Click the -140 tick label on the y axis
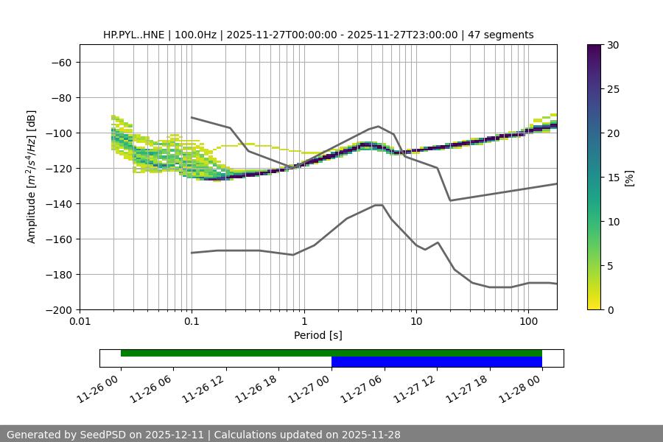point(60,204)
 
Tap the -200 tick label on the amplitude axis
point(60,310)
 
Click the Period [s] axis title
point(318,335)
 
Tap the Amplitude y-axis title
point(32,177)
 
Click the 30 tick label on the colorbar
point(613,46)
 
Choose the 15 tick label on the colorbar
point(613,178)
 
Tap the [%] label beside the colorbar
point(628,178)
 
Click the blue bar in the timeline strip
point(437,362)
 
